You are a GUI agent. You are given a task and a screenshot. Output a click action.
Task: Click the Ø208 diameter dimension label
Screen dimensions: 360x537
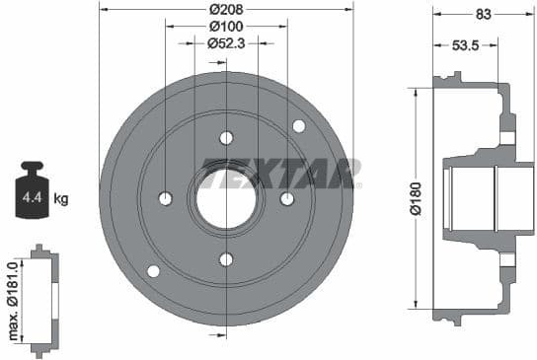(x=226, y=10)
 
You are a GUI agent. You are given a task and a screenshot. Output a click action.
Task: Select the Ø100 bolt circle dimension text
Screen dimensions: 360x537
(x=226, y=27)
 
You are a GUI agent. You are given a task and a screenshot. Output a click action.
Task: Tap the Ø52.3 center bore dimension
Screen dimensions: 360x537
(x=226, y=43)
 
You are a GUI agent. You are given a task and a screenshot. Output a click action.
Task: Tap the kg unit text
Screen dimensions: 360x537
(x=61, y=199)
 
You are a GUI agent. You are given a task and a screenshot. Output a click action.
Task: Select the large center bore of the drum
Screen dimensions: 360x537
(x=226, y=197)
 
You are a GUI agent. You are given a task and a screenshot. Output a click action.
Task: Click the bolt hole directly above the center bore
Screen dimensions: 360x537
(x=226, y=137)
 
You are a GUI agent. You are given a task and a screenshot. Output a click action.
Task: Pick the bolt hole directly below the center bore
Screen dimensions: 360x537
(x=226, y=259)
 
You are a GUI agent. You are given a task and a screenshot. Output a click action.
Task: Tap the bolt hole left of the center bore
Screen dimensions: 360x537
(x=165, y=199)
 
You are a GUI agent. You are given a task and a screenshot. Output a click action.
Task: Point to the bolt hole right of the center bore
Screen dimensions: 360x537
(x=287, y=199)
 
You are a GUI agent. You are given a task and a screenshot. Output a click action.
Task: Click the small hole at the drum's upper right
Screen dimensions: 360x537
(x=299, y=125)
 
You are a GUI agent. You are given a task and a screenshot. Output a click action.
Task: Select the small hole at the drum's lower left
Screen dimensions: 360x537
(x=153, y=271)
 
